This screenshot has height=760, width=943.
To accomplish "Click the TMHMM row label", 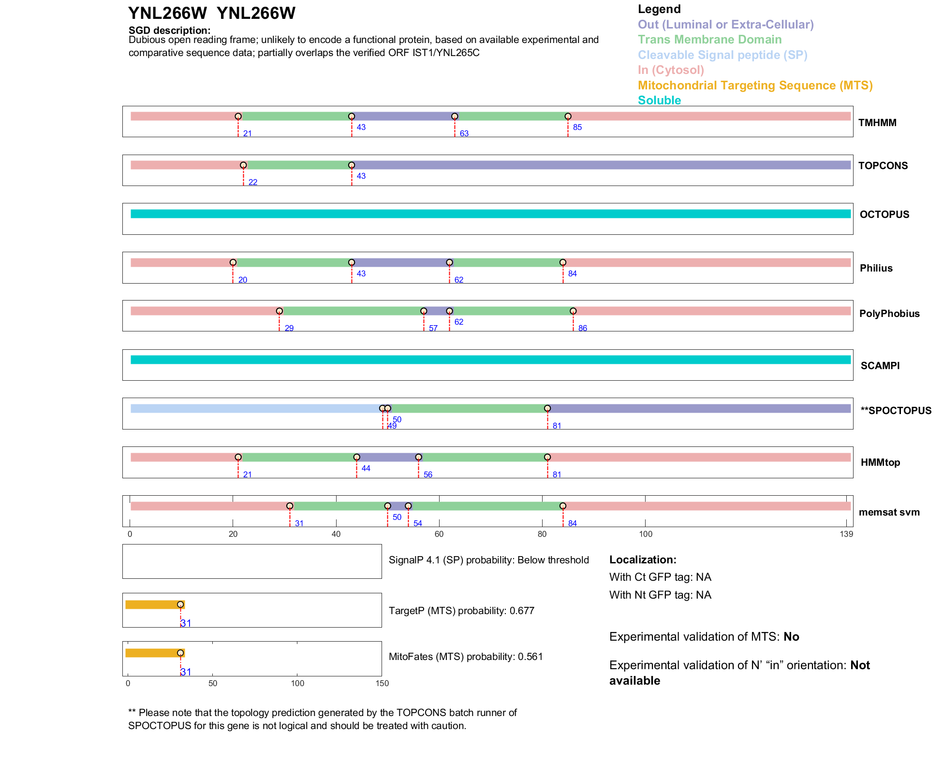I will point(877,123).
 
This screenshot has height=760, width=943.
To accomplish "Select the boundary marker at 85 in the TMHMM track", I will point(568,116).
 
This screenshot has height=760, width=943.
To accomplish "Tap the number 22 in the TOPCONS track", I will point(252,182).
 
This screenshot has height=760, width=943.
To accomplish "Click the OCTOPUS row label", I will point(884,215).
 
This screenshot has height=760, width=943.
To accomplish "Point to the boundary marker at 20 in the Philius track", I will point(233,262).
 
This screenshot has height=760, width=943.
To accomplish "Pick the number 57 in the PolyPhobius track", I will point(433,328).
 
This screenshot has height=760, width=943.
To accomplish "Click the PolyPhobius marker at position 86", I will point(573,311).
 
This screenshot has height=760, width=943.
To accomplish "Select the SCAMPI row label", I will point(880,366).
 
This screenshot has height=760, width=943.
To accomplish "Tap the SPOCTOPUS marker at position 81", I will point(547,408).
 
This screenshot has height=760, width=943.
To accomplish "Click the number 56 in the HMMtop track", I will point(427,474).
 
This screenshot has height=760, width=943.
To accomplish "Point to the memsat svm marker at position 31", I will point(290,506).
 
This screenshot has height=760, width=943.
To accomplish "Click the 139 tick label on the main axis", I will point(846,534).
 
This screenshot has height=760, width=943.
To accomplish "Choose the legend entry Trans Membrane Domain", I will point(709,40).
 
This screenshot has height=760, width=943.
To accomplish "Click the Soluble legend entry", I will point(659,100).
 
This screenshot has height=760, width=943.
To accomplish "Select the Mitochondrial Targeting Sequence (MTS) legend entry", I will point(755,86).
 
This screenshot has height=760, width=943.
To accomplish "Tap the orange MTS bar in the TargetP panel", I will point(154,604).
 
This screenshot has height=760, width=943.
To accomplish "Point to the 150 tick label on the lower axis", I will point(382,683).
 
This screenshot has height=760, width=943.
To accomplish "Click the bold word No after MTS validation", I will point(791,637).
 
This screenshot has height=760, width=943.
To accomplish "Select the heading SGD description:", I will point(169,30).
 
